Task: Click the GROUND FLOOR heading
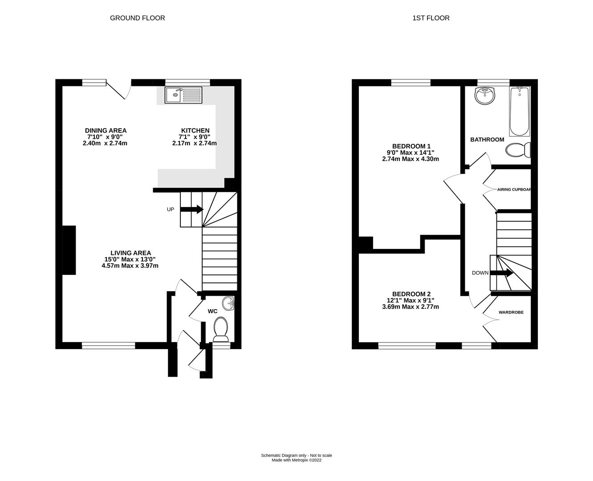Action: coord(137,18)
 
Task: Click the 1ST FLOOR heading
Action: coord(431,18)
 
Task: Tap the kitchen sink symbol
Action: coord(183,95)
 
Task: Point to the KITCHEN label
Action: coord(195,130)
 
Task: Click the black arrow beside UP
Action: coord(192,209)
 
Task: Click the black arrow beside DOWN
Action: coord(501,273)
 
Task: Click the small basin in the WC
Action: coord(230,304)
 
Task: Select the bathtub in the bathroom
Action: coord(520,111)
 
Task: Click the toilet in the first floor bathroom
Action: coord(518,150)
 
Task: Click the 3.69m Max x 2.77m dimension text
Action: coord(410,307)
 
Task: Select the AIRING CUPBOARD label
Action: coord(514,189)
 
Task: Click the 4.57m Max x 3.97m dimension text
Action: coord(130,265)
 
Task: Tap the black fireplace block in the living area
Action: coord(69,250)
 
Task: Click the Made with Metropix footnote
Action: coord(296,460)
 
